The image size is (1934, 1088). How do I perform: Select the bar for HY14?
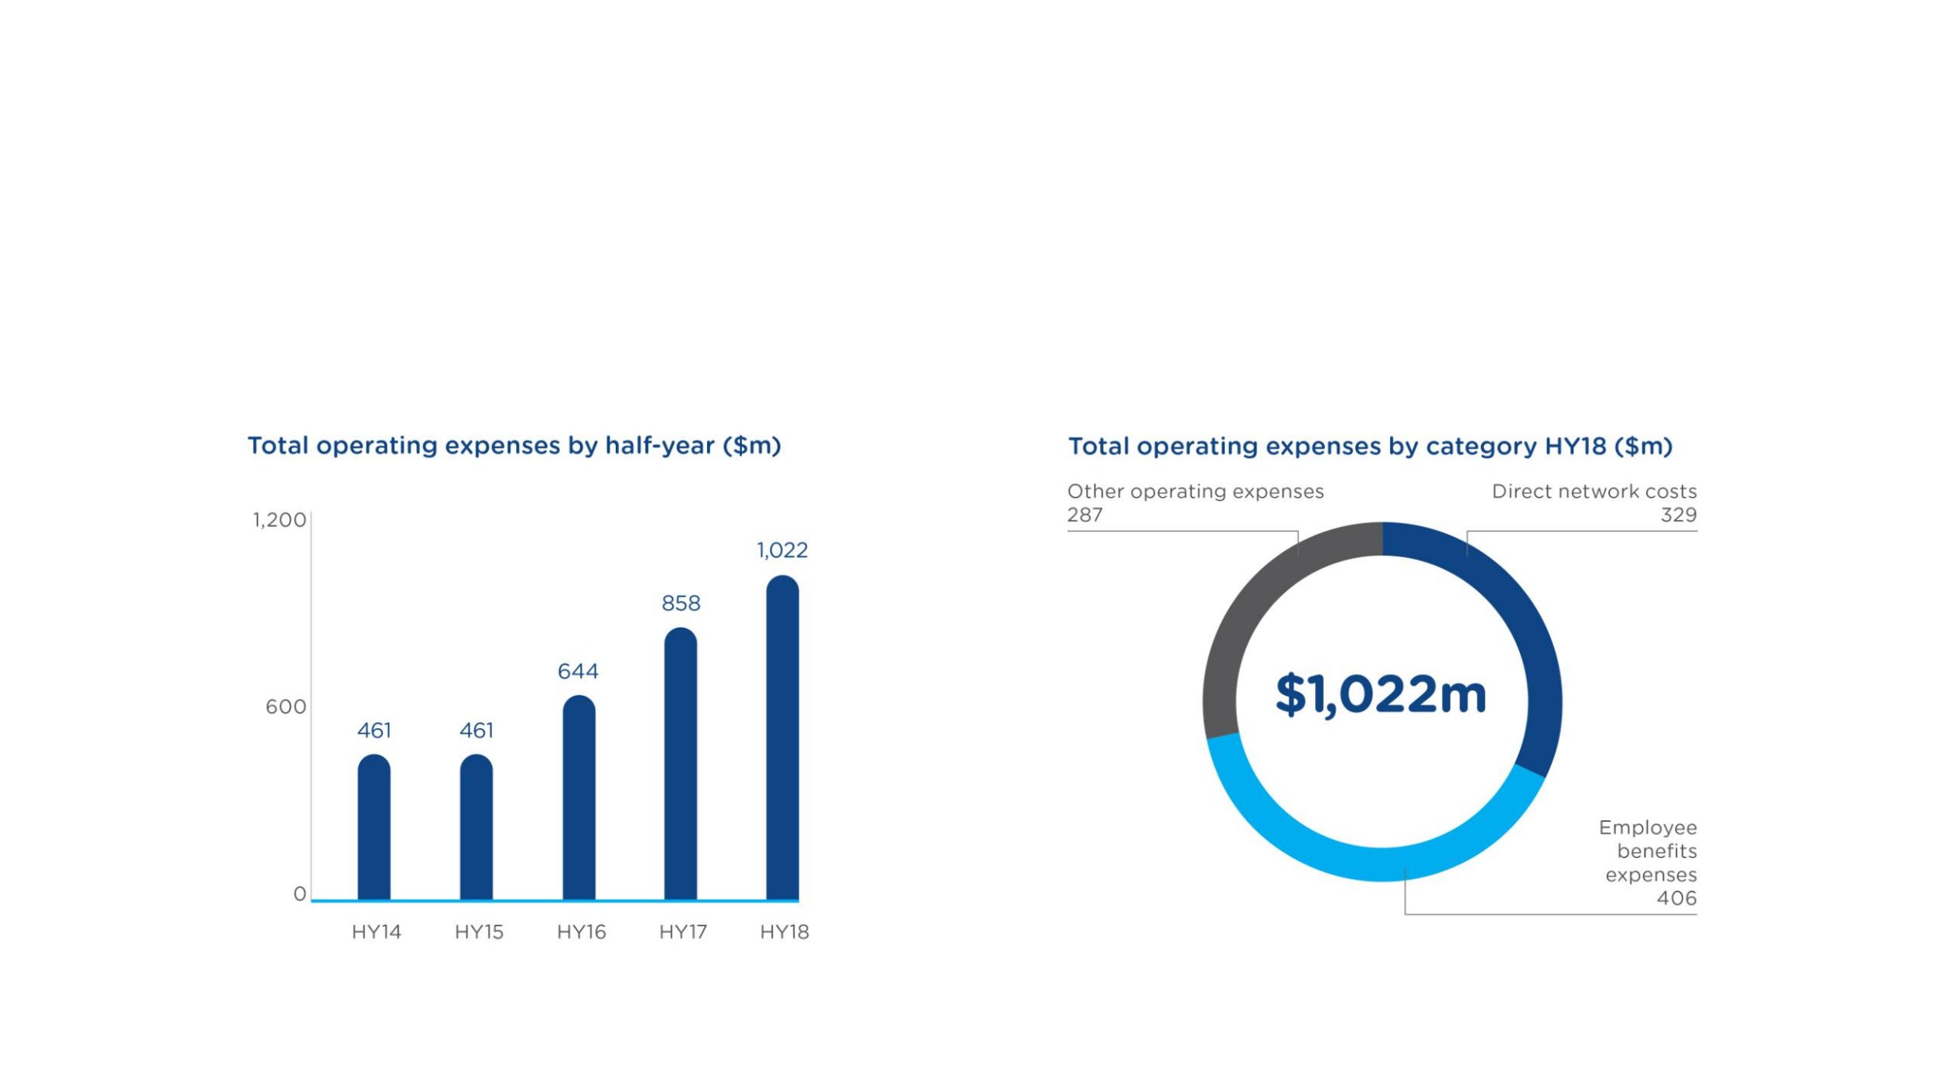(x=374, y=827)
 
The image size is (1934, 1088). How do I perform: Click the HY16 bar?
(x=579, y=798)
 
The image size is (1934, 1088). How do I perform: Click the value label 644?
(x=578, y=671)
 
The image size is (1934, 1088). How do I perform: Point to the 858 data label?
(x=681, y=603)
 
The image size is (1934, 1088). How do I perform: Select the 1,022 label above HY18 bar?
(x=782, y=550)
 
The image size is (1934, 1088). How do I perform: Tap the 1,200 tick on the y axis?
(x=279, y=520)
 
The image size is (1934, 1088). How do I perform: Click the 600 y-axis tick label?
(x=285, y=707)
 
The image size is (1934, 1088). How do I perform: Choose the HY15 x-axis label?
(x=479, y=932)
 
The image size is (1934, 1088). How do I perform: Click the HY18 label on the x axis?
(x=784, y=932)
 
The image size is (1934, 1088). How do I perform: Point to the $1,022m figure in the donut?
(x=1381, y=694)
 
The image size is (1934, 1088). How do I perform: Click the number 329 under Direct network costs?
(x=1678, y=515)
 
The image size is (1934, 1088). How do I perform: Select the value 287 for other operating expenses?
(x=1085, y=515)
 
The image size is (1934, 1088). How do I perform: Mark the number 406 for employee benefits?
(x=1676, y=898)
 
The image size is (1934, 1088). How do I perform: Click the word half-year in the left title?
(x=659, y=446)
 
